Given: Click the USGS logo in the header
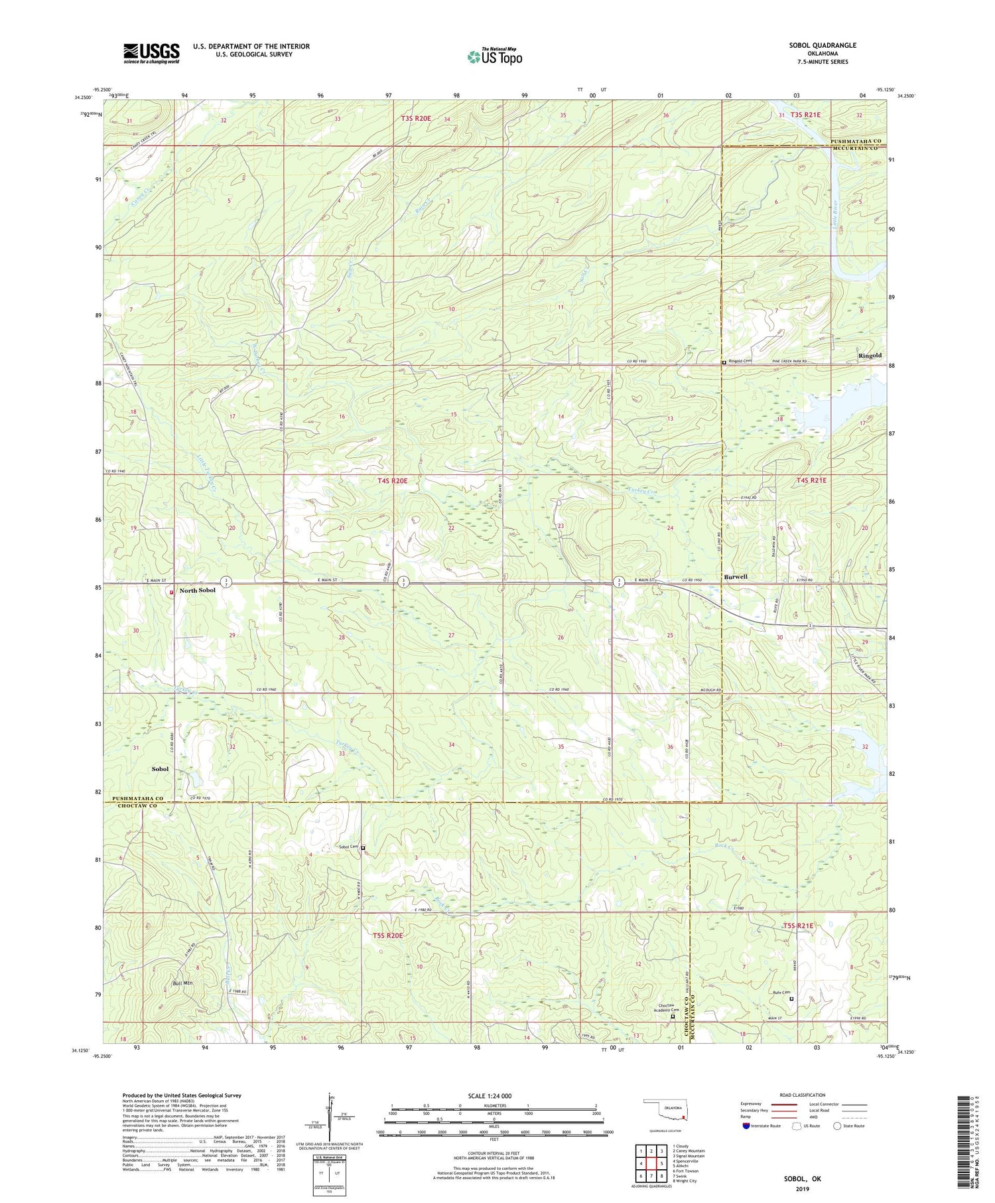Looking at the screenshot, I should click(151, 53).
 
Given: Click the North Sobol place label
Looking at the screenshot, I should click(198, 591).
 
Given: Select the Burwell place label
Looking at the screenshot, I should click(736, 577).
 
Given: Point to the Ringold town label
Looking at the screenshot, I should click(870, 356).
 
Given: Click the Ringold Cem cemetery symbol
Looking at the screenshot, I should click(724, 362).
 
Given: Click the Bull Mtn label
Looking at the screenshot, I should click(182, 983).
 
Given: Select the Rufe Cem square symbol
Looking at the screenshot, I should click(791, 998).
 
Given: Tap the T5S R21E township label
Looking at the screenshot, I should click(797, 926).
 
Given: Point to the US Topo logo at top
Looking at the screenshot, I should click(494, 56).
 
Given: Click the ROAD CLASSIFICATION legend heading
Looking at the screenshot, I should click(802, 1095).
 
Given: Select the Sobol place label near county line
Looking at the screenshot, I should click(160, 768).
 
